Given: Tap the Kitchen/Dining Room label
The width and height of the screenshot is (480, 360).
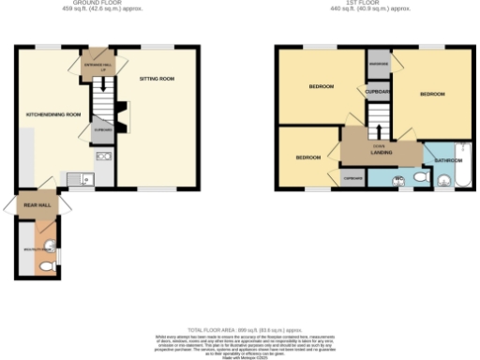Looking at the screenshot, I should pyautogui.click(x=53, y=114).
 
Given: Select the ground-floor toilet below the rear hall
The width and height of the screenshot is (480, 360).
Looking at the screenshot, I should pyautogui.click(x=46, y=265).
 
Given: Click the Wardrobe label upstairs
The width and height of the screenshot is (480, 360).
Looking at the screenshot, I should pyautogui.click(x=379, y=64).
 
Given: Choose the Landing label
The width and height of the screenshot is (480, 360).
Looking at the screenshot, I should pyautogui.click(x=382, y=151).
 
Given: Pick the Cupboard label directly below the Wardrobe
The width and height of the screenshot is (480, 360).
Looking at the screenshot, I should pyautogui.click(x=379, y=91).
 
